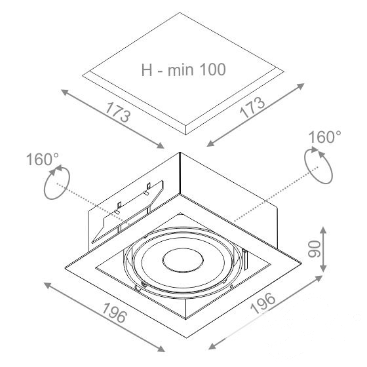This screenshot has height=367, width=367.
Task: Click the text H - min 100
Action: [x=183, y=69]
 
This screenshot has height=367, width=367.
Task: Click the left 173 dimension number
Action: [x=118, y=112]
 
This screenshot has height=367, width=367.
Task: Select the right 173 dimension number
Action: [x=252, y=107]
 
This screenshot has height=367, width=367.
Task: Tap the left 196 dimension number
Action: [x=115, y=313]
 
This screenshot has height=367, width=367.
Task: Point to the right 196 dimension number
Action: [x=263, y=303]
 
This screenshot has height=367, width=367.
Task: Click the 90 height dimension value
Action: [x=314, y=249]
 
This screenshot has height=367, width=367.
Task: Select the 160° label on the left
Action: [x=43, y=159]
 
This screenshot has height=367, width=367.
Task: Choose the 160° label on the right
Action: [x=325, y=137]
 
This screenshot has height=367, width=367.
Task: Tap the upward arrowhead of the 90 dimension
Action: [x=323, y=230]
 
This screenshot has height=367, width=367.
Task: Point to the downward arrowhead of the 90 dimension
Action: [x=323, y=269]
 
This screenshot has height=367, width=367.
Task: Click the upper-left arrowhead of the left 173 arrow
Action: [x=64, y=92]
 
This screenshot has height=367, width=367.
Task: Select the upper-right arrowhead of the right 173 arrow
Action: [x=301, y=86]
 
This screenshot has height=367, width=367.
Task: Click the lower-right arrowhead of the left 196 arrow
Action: [x=161, y=349]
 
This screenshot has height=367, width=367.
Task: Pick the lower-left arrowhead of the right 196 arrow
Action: [x=212, y=347]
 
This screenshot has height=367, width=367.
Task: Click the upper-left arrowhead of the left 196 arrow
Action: [x=47, y=285]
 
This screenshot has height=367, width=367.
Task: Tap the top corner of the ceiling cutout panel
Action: [x=180, y=12]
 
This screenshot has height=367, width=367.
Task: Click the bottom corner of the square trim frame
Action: [x=186, y=338]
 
